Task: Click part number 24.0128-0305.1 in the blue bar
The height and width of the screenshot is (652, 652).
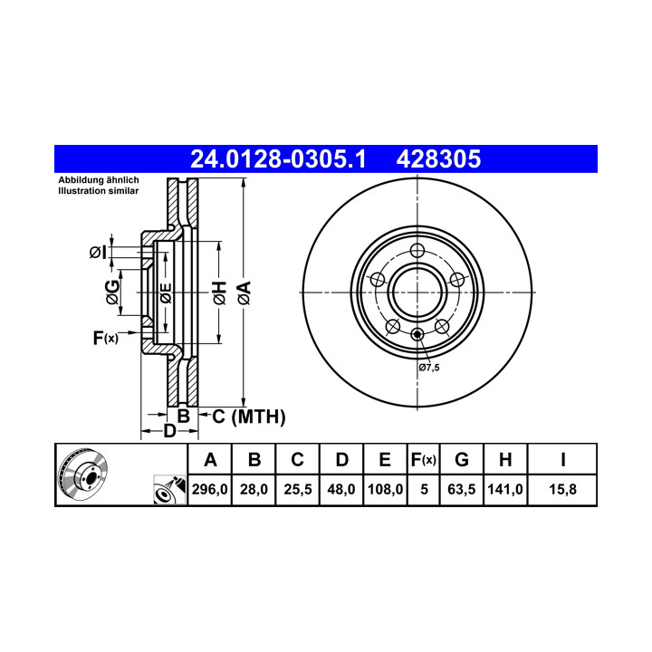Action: pos(278,158)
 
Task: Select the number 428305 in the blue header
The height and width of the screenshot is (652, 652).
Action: pos(438,158)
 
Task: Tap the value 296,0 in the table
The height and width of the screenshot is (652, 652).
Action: pos(209,489)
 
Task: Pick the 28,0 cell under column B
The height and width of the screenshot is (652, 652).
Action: pos(254,489)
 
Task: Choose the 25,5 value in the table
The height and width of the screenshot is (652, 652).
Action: pos(298,489)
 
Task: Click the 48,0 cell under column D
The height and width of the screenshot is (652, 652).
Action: pos(341,489)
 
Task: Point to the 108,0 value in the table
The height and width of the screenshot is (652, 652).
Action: pos(385,489)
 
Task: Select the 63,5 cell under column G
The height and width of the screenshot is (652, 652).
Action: pos(462,489)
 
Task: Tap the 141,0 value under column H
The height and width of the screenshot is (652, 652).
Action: pos(505,489)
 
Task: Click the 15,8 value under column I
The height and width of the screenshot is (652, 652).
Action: pos(562,489)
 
